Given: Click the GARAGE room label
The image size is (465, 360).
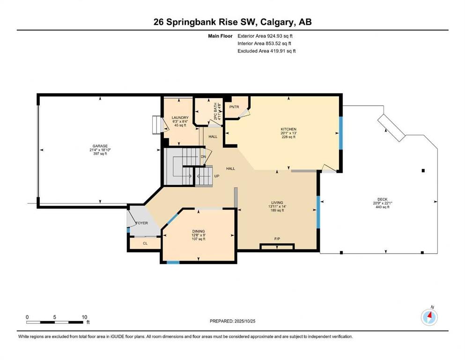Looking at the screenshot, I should click(x=97, y=146).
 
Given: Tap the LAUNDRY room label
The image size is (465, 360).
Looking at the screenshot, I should click(x=180, y=118).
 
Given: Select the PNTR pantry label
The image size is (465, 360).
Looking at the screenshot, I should click(x=234, y=107).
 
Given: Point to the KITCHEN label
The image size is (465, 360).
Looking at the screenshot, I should click(x=288, y=129).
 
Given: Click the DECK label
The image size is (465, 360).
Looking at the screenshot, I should click(x=383, y=199).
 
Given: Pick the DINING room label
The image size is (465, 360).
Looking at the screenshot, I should click(x=199, y=231).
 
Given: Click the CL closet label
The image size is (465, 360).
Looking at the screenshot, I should click(x=145, y=243).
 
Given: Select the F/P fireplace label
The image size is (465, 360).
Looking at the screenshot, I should click(x=277, y=239).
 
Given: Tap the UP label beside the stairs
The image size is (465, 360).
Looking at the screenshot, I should click(x=217, y=176).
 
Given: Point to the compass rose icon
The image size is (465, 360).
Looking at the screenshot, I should click(x=429, y=317).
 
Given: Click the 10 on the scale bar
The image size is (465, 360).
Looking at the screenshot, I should click(x=84, y=317).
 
